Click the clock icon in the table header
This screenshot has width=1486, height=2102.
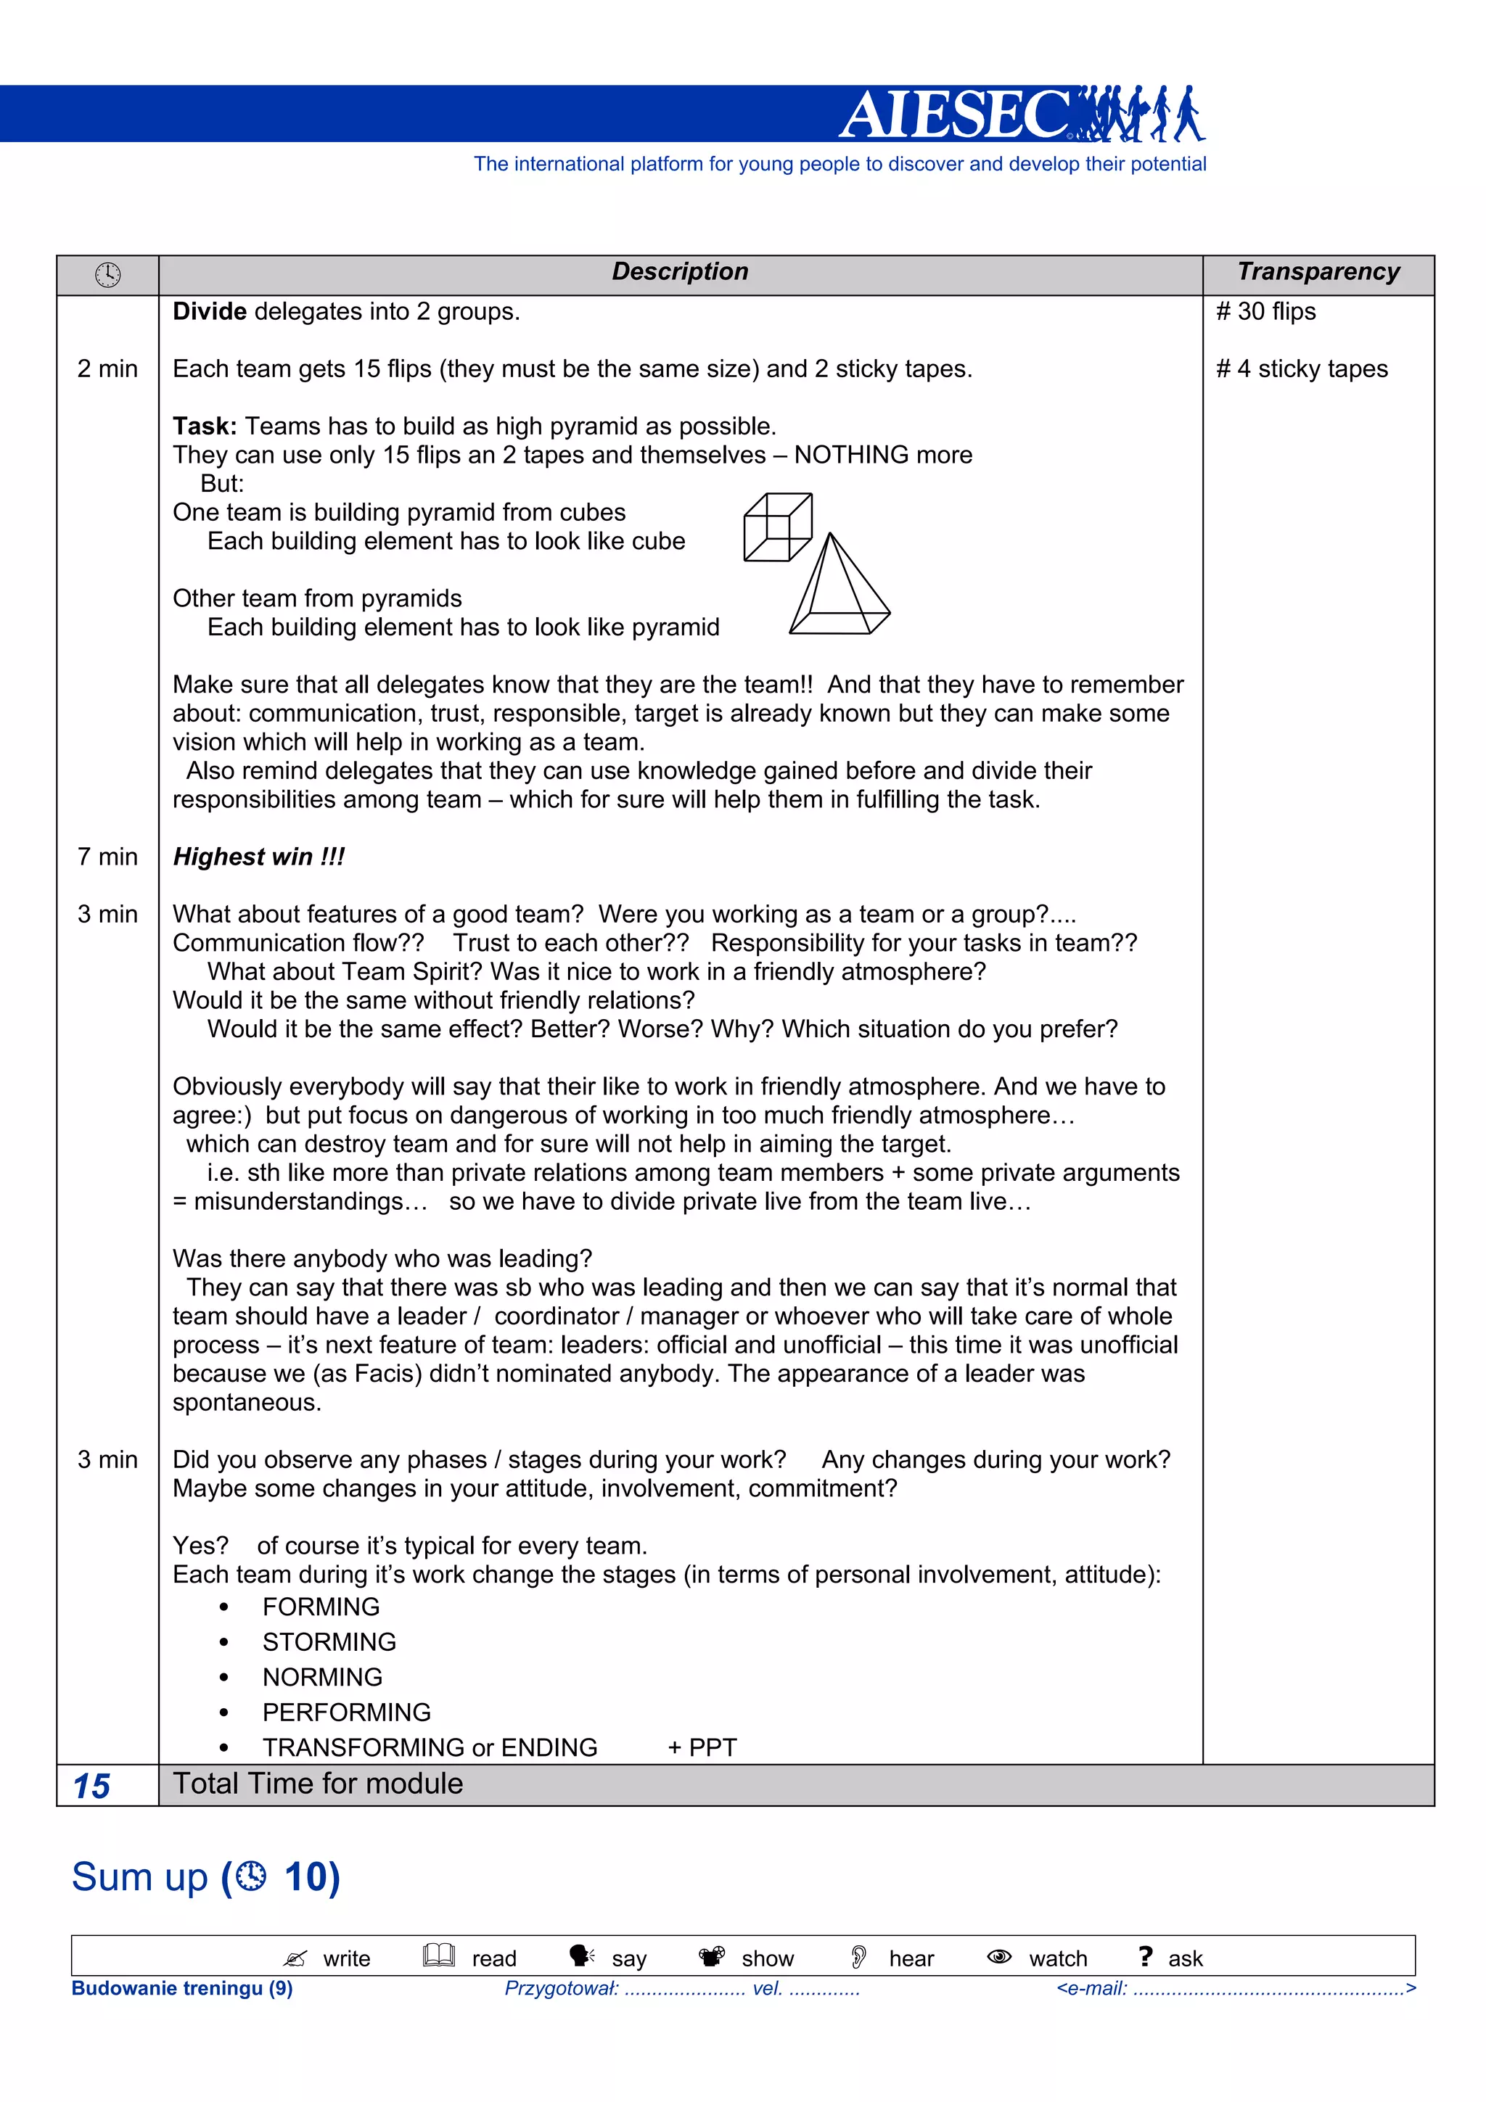pos(107,275)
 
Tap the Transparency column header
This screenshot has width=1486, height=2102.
pos(1318,272)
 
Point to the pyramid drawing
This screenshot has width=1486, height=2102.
pos(838,587)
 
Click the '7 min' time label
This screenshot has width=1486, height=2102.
pos(107,857)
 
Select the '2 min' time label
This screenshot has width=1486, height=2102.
pos(107,369)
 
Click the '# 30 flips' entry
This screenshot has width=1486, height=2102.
pos(1265,312)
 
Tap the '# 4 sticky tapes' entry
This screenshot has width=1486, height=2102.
pos(1301,369)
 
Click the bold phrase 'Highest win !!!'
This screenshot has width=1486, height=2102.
pos(258,857)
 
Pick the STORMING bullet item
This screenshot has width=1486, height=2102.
pos(329,1641)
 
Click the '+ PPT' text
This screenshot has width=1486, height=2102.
pos(702,1748)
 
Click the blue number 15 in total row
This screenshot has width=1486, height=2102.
pos(91,1786)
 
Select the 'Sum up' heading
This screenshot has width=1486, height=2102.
pos(140,1878)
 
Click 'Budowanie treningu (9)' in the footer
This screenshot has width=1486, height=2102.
pos(182,1988)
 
